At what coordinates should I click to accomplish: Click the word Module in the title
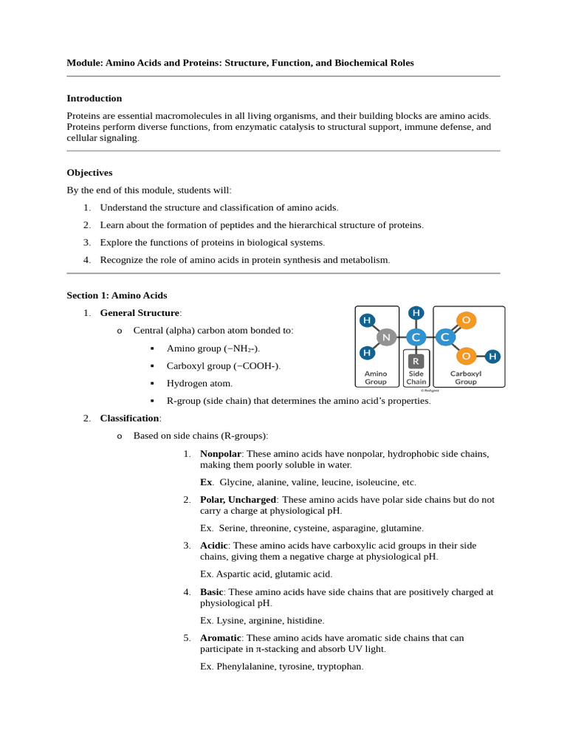click(x=84, y=63)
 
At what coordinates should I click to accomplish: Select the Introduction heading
click(x=94, y=98)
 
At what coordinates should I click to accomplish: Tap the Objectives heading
click(x=89, y=172)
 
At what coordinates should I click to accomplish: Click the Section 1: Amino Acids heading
click(x=117, y=295)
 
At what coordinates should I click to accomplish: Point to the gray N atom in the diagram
click(x=386, y=337)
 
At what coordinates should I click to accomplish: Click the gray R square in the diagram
click(x=416, y=361)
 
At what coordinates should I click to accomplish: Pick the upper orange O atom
click(x=466, y=320)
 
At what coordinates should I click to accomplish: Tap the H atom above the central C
click(x=416, y=313)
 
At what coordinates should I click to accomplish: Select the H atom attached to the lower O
click(x=492, y=357)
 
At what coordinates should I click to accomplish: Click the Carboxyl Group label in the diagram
click(x=466, y=377)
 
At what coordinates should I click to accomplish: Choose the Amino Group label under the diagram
click(x=376, y=377)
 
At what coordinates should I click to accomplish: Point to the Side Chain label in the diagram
click(x=416, y=377)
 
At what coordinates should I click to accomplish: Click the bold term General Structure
click(x=140, y=313)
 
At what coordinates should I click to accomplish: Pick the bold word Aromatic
click(x=220, y=638)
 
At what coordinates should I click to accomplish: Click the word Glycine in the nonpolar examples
click(x=236, y=482)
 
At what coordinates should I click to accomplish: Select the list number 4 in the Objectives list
click(x=86, y=260)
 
